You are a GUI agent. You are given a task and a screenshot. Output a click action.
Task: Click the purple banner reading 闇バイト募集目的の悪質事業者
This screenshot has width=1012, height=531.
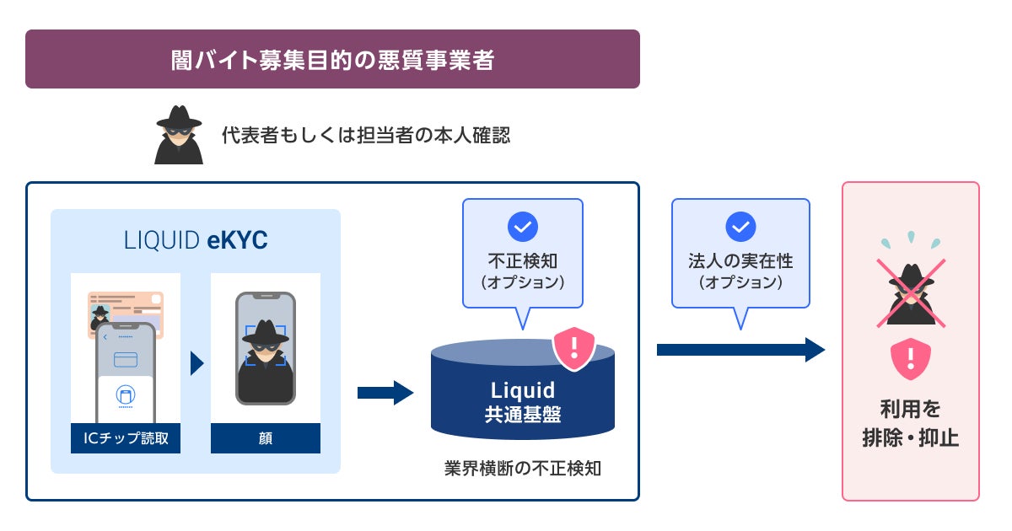(332, 60)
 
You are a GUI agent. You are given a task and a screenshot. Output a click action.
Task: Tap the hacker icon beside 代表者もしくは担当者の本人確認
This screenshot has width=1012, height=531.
(178, 135)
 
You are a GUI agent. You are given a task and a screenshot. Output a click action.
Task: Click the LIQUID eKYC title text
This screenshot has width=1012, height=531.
(195, 241)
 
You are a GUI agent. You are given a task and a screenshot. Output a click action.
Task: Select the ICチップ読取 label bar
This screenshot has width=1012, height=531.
(126, 438)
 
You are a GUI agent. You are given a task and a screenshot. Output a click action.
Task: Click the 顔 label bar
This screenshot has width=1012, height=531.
(265, 438)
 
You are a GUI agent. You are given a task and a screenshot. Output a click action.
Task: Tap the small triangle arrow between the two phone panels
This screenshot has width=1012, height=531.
(197, 363)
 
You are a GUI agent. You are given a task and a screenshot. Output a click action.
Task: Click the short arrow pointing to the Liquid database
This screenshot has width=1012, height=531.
(385, 392)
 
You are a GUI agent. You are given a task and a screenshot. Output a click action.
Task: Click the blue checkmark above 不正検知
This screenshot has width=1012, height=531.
(522, 227)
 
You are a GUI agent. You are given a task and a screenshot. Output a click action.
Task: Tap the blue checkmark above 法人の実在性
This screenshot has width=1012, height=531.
(740, 227)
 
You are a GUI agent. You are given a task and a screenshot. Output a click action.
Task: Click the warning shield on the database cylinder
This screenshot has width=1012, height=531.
(573, 347)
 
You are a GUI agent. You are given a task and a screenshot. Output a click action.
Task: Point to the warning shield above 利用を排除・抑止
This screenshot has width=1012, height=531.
(910, 358)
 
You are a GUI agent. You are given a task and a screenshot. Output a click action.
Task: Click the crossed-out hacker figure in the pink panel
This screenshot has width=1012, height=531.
(911, 291)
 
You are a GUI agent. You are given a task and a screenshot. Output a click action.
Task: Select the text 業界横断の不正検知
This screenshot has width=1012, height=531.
(522, 469)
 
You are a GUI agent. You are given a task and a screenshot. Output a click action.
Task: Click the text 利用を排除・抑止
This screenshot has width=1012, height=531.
(910, 424)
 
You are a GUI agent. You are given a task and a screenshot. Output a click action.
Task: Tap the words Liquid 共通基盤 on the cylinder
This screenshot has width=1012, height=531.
(522, 402)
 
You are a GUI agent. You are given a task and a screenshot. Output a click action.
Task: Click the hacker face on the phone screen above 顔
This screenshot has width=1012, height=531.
(265, 341)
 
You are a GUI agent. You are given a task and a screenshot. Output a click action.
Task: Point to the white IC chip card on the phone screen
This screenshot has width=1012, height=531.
(126, 395)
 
